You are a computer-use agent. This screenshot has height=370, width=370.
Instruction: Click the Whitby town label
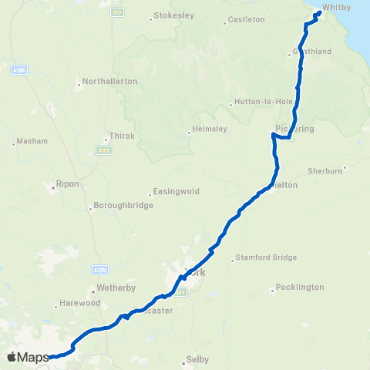tap(337, 7)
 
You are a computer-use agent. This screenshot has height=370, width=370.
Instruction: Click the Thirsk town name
tap(123, 136)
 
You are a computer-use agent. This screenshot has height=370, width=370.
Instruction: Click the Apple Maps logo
tap(28, 357)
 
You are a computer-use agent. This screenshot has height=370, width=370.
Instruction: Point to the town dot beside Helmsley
tap(189, 133)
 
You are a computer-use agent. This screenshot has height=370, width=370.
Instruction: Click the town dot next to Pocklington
tap(274, 291)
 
